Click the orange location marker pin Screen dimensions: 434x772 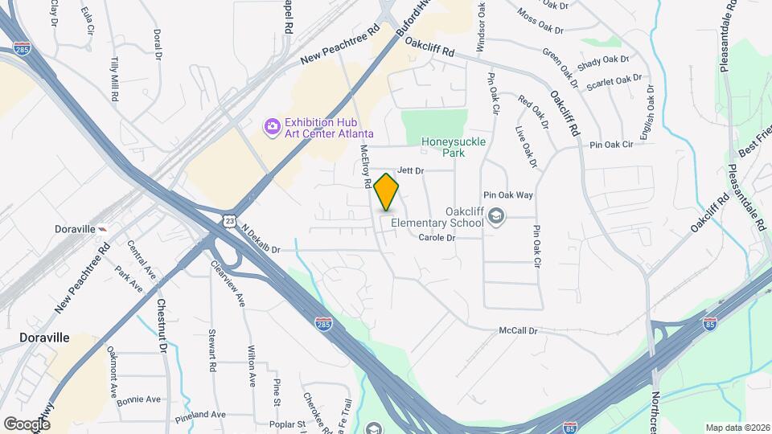coord(387,192)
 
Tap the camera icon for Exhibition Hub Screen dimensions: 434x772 coord(272,126)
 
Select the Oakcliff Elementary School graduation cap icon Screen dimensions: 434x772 coord(497,215)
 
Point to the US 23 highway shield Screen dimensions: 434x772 coord(230,219)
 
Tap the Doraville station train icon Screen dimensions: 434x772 coord(104,229)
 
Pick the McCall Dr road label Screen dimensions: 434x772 coord(517,330)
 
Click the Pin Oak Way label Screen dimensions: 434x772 coord(508,195)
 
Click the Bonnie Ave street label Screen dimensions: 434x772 coord(142,399)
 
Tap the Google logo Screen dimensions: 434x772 coord(27,424)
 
